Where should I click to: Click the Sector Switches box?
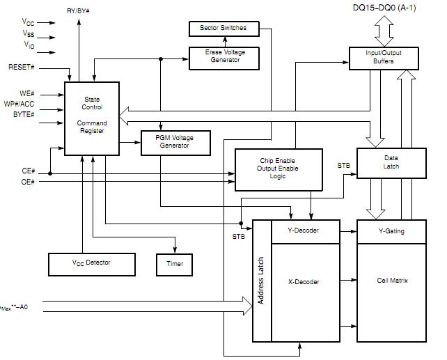click(x=224, y=29)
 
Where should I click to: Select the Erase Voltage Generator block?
click(x=224, y=58)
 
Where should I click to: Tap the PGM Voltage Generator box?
click(x=175, y=143)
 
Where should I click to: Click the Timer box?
click(x=175, y=265)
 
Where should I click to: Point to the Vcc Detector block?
click(x=92, y=265)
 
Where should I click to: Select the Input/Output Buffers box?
click(x=384, y=58)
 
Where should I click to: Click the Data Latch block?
click(x=391, y=164)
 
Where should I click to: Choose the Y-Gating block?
click(x=391, y=231)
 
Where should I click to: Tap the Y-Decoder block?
click(x=306, y=231)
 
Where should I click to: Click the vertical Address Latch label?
click(x=261, y=281)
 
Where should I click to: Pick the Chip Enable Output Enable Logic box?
click(x=279, y=170)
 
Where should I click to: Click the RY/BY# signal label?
click(x=78, y=11)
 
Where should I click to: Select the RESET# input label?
click(x=22, y=68)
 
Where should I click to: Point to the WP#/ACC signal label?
click(x=19, y=104)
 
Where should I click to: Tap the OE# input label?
click(x=28, y=182)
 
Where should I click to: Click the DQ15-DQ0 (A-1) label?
click(x=384, y=8)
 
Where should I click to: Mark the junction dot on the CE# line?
click(x=50, y=173)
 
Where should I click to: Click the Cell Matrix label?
click(x=392, y=281)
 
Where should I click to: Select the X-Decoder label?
click(x=304, y=282)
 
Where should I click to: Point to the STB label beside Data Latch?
click(x=343, y=166)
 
